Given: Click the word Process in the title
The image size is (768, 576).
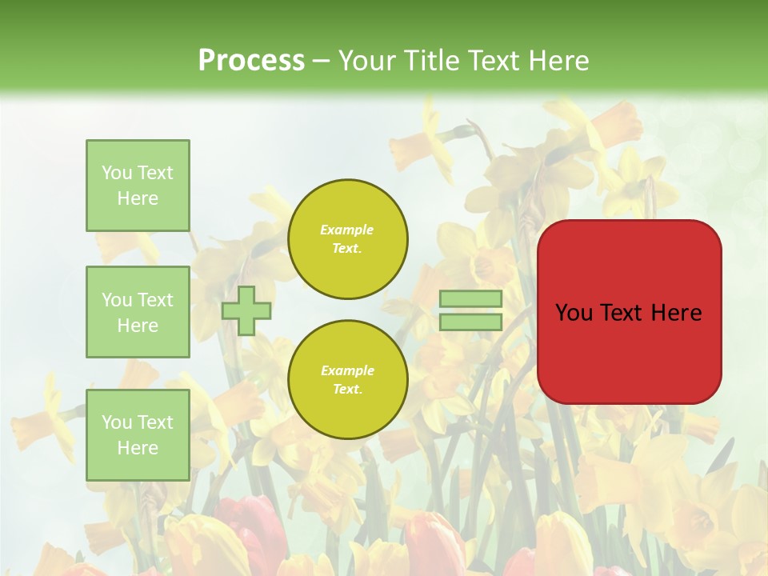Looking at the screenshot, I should (x=251, y=61).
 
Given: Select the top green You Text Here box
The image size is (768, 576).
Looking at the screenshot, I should (x=138, y=186).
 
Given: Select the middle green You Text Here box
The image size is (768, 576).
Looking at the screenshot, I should (x=138, y=312).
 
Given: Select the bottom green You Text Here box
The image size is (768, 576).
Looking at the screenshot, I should (x=138, y=434).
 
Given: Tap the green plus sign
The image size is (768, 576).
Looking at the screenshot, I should (x=246, y=310).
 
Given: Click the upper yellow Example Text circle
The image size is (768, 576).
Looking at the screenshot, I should (x=347, y=239).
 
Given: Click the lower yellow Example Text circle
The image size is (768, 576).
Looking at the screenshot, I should (x=347, y=380).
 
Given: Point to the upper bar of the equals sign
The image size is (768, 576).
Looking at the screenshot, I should (x=470, y=299).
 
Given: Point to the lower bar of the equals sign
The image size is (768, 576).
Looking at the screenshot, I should (x=470, y=322).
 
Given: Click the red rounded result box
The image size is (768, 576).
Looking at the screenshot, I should (x=629, y=352).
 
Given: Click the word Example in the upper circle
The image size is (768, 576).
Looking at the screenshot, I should (x=347, y=230).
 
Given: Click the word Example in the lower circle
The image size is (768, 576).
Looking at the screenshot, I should (x=347, y=371).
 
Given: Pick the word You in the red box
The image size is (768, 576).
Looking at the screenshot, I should (x=573, y=313).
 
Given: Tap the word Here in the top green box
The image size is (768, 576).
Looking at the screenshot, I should (x=138, y=198).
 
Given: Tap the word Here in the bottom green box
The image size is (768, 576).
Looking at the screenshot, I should (x=138, y=448).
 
